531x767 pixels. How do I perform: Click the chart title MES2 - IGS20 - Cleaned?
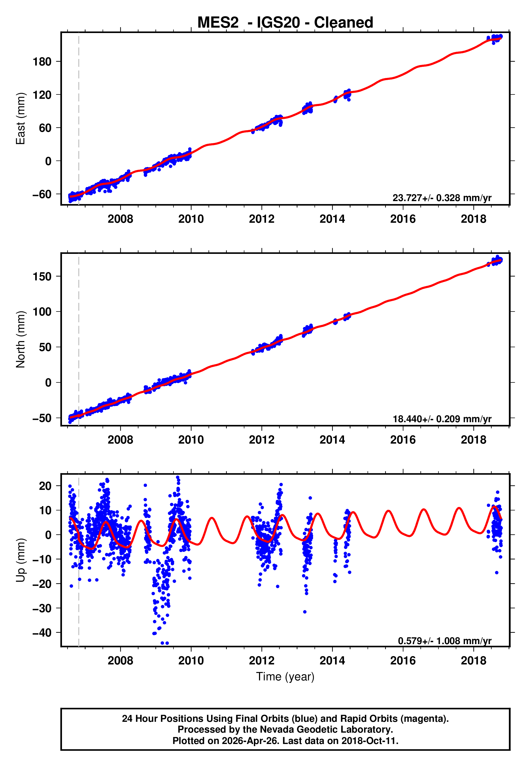[285, 23]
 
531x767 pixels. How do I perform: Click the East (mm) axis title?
[21, 119]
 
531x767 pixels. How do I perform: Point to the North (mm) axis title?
[21, 339]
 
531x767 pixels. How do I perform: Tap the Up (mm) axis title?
[21, 560]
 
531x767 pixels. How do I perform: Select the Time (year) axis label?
[285, 677]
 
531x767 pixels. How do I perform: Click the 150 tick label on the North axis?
[42, 276]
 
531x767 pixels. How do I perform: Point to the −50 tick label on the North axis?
[42, 418]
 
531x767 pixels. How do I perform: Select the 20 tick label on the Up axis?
[45, 486]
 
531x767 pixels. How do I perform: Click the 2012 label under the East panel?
[261, 219]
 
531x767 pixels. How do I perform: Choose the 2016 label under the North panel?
[403, 440]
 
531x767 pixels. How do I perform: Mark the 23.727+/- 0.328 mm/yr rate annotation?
[442, 198]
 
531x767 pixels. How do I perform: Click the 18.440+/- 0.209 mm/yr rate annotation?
[442, 419]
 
